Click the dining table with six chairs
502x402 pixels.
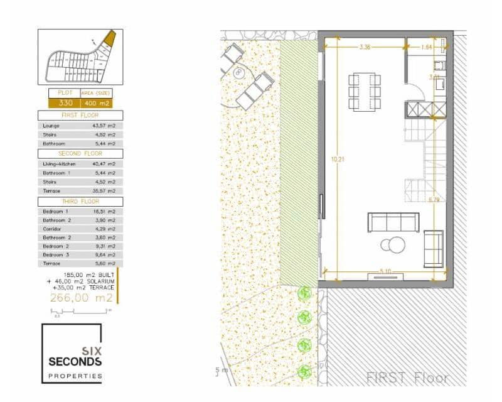(365, 92)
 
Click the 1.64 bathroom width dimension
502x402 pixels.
(427, 47)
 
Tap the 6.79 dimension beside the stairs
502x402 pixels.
(434, 200)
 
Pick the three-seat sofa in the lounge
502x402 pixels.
(393, 222)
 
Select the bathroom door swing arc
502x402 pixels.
(417, 93)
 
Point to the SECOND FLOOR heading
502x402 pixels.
(80, 153)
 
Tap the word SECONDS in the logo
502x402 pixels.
(75, 362)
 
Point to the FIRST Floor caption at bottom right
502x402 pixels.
(408, 378)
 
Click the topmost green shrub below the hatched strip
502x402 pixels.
(305, 293)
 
